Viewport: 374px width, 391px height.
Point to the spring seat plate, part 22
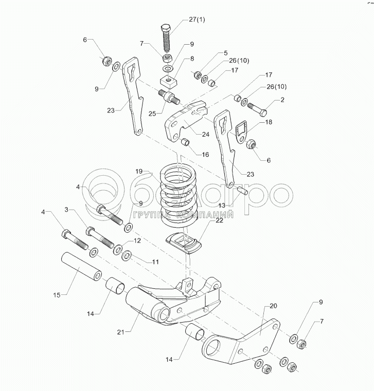point(185,243)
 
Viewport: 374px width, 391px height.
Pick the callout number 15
point(58,294)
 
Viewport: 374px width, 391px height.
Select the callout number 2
point(282,102)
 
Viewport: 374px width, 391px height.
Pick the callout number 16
point(205,154)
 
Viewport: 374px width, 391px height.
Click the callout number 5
point(225,53)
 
